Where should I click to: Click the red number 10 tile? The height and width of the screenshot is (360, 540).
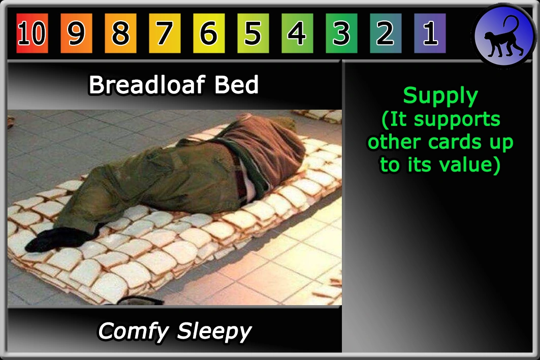tap(32, 33)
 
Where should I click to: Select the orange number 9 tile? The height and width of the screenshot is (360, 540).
tap(76, 33)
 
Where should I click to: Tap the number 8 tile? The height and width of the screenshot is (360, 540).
tap(120, 33)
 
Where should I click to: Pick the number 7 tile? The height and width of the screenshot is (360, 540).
tap(165, 33)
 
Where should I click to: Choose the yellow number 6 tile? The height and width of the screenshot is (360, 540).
tap(209, 33)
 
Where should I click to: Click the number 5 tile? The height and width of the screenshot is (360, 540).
tap(253, 33)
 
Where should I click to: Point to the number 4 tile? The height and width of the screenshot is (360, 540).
tap(297, 33)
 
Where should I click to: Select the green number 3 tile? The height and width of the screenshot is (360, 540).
tap(341, 33)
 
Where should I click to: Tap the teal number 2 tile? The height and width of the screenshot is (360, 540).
tap(386, 33)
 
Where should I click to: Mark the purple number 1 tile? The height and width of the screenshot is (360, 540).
tap(430, 33)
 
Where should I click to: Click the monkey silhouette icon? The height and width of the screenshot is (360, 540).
tap(503, 38)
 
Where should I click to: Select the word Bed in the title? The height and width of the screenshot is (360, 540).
tap(236, 85)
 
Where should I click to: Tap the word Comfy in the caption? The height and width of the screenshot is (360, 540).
tap(134, 332)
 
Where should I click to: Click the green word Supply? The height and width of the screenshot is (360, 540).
tap(440, 96)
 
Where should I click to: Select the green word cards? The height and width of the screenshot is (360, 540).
tap(456, 142)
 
